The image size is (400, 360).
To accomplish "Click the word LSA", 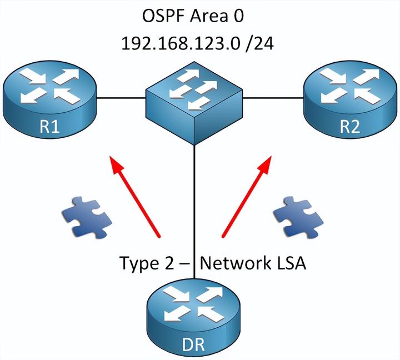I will (x=288, y=263).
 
